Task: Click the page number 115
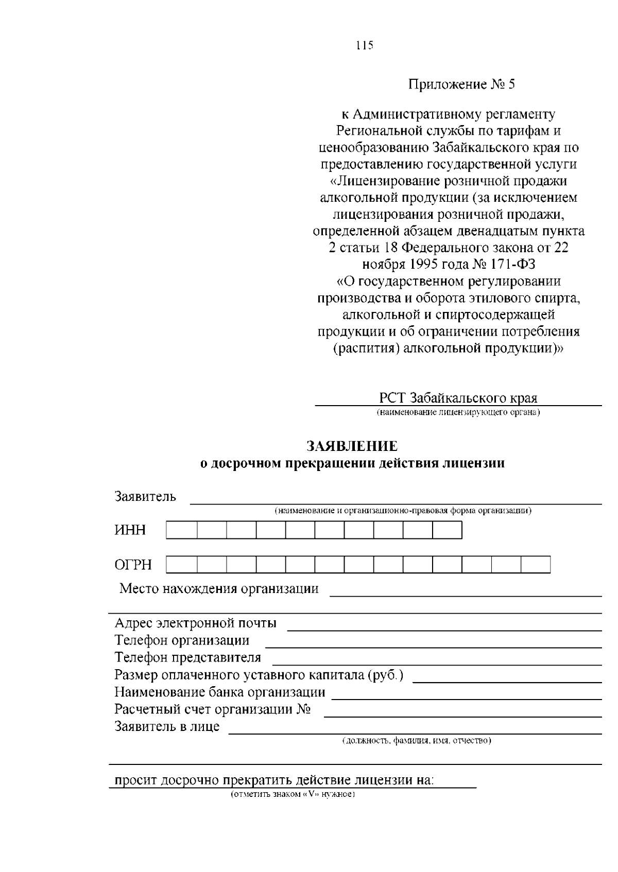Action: point(364,45)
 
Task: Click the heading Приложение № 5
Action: point(461,84)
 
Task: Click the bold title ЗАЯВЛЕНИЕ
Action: point(352,446)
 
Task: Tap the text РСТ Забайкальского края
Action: point(458,398)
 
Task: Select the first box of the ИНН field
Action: point(181,530)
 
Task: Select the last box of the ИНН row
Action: point(447,530)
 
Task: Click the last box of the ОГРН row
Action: point(535,565)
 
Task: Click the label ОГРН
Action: point(133,565)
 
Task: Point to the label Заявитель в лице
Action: point(167,726)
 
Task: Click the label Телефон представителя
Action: point(187,657)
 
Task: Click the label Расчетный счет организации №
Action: point(212,709)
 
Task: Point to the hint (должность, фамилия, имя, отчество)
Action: point(416,741)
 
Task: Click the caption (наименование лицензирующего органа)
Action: point(458,412)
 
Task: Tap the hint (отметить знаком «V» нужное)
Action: point(293,794)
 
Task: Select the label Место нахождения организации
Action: point(219,588)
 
